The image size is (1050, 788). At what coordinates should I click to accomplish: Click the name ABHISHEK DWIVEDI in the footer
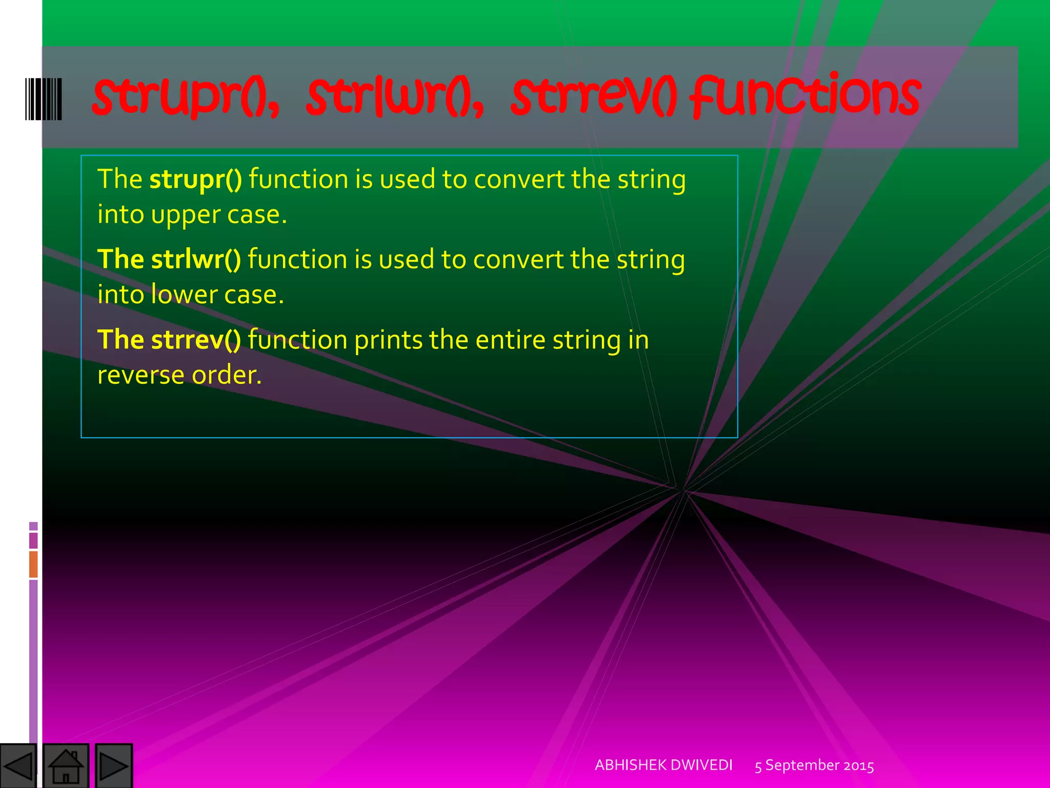(663, 765)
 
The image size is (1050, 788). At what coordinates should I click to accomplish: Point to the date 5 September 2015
(814, 765)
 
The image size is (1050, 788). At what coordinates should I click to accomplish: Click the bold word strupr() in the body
(195, 180)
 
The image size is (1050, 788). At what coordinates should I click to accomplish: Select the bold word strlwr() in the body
(196, 260)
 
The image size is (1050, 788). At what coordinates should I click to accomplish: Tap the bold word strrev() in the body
(196, 340)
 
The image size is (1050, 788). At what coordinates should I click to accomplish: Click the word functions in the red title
(805, 96)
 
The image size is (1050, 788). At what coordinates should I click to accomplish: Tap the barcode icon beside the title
(44, 99)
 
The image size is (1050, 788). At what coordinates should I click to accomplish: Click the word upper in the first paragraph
(186, 215)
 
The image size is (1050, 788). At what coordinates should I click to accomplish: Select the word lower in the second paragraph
(184, 295)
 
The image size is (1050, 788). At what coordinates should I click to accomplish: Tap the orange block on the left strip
(33, 564)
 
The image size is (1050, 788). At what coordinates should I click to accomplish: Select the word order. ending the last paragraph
(227, 376)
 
